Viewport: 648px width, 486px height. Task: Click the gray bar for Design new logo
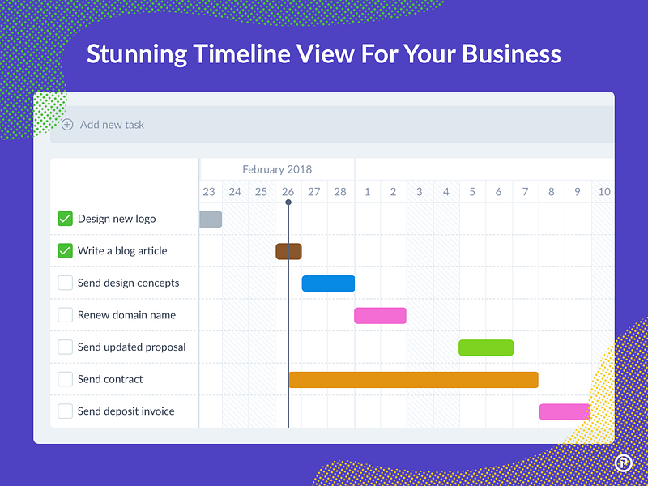tap(211, 219)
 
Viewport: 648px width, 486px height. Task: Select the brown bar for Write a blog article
tap(288, 251)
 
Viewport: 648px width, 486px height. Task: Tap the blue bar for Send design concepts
tap(328, 283)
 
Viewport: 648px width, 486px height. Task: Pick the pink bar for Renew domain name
tap(380, 315)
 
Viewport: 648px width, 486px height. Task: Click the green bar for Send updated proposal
tap(486, 347)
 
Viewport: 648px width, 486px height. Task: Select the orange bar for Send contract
tap(413, 380)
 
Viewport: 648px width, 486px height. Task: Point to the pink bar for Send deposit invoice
tap(565, 411)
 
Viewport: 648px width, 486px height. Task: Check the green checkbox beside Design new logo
tap(66, 219)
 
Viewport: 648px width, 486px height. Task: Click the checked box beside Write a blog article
tap(66, 251)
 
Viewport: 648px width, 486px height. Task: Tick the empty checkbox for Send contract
tap(66, 379)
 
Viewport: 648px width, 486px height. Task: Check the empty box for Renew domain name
tap(66, 315)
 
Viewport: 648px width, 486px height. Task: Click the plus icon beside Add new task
tap(67, 125)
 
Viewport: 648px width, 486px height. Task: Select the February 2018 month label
tap(277, 169)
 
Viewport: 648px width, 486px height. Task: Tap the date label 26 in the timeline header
tap(288, 192)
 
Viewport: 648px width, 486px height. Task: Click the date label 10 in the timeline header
tap(604, 192)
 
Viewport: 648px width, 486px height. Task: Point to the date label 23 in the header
tap(209, 192)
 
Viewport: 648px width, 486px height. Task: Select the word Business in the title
tap(511, 54)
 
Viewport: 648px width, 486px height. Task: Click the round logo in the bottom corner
tap(623, 463)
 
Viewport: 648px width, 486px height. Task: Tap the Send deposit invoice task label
tap(126, 411)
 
